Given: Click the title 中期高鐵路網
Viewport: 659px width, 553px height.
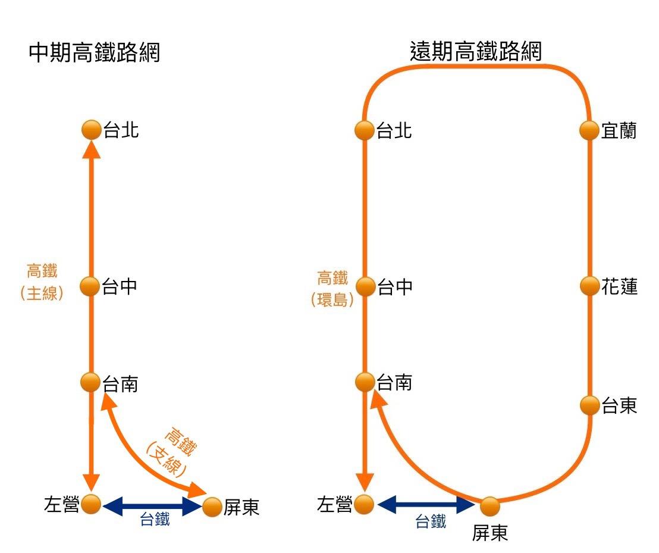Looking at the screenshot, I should [x=95, y=54].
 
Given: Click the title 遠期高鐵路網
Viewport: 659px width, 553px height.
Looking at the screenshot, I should [x=476, y=51].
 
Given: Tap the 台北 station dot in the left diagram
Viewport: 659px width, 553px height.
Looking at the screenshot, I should [x=92, y=130].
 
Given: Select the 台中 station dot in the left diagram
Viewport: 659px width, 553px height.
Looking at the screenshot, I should [x=91, y=286].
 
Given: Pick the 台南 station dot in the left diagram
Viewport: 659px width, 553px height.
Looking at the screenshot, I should [x=91, y=382].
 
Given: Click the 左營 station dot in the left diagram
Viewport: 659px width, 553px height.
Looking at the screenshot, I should [x=91, y=504].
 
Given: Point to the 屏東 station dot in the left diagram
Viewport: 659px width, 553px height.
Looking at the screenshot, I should [x=212, y=507].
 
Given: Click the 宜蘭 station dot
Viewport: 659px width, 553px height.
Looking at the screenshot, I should [x=589, y=130].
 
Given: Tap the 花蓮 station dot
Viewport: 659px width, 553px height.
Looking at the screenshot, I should [x=589, y=286].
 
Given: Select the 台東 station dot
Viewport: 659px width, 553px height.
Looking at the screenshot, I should [x=589, y=405].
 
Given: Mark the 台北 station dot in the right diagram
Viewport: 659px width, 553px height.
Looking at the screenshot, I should [x=365, y=130].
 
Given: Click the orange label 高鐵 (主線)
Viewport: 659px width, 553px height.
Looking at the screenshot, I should [x=42, y=283].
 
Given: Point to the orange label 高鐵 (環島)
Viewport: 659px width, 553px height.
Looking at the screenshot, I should [x=332, y=289].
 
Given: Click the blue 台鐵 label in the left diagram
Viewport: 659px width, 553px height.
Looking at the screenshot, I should [x=155, y=520].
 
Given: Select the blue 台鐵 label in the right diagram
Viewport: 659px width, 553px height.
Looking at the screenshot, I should [x=431, y=522].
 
